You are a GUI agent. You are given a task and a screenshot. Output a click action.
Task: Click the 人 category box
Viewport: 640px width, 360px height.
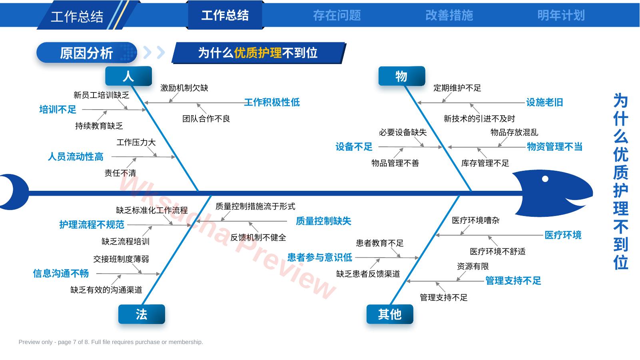click(x=128, y=76)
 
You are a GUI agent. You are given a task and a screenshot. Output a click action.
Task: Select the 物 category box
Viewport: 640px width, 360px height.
click(x=401, y=76)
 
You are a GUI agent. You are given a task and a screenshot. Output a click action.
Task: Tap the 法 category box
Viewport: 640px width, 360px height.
click(x=142, y=314)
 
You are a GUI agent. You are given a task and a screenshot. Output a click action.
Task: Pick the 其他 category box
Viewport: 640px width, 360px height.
click(x=390, y=314)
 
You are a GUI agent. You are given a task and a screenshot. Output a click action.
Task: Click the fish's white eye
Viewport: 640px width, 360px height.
click(x=545, y=179)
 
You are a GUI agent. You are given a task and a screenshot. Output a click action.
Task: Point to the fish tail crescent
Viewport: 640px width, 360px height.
click(x=14, y=192)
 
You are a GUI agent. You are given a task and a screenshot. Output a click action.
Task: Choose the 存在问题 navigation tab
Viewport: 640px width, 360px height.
click(x=337, y=15)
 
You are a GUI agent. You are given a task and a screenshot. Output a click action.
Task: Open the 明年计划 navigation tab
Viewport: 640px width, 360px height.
click(x=561, y=15)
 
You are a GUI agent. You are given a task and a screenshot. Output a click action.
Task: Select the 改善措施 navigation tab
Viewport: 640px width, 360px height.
click(x=449, y=15)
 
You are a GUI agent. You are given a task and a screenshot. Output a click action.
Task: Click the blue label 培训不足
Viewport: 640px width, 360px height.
click(x=58, y=110)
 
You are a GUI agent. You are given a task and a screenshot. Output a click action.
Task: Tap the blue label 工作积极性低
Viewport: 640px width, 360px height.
click(x=272, y=102)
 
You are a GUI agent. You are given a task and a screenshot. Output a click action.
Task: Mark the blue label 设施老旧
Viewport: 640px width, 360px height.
click(x=544, y=102)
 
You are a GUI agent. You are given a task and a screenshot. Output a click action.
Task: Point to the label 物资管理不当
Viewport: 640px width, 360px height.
click(x=554, y=147)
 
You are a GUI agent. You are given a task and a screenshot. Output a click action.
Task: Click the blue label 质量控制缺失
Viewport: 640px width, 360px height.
click(x=323, y=221)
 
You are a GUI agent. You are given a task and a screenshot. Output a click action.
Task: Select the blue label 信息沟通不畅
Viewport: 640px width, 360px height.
click(x=61, y=273)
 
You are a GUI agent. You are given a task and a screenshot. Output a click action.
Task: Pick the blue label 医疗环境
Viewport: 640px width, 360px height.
click(x=563, y=235)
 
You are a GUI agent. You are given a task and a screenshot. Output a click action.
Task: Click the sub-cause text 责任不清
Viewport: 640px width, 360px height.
click(x=120, y=173)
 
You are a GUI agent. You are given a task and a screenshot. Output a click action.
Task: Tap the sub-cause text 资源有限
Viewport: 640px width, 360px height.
click(x=473, y=266)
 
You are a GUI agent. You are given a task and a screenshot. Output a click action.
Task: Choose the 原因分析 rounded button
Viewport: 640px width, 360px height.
click(x=87, y=53)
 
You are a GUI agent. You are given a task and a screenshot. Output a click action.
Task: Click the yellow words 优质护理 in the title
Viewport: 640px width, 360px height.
click(x=258, y=53)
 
